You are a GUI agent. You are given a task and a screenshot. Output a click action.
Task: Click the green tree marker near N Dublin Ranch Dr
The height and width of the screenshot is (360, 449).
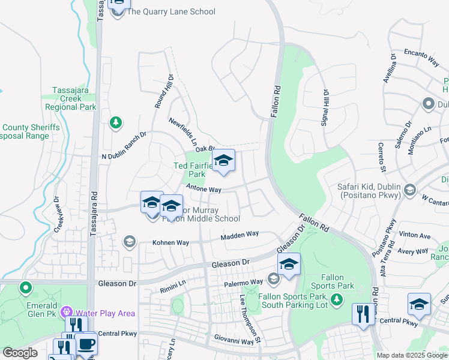coord(116,123)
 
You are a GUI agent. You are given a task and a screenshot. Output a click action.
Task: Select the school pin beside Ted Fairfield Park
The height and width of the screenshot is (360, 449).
coord(223,161)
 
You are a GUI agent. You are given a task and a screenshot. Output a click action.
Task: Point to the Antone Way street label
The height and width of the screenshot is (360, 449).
coord(204,189)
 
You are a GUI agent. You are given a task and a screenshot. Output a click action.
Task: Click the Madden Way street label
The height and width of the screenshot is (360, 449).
coord(239,235)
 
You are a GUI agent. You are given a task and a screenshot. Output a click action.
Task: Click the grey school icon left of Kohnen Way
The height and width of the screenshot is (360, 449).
coord(129,242)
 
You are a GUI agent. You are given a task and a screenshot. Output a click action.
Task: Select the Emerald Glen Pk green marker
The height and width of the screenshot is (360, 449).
coord(25,288)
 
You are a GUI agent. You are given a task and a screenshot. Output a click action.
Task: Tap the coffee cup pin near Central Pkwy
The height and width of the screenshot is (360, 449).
coord(86,344)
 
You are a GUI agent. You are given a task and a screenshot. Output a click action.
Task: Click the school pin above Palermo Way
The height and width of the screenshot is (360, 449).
coord(289,265)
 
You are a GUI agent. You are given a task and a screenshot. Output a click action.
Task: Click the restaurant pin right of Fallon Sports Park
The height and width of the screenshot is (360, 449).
coord(363,313)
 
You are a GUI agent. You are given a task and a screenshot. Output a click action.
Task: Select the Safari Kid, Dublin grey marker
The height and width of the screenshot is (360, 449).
coord(410,190)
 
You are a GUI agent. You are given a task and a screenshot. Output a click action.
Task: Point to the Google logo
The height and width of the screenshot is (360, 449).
coord(20,353)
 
